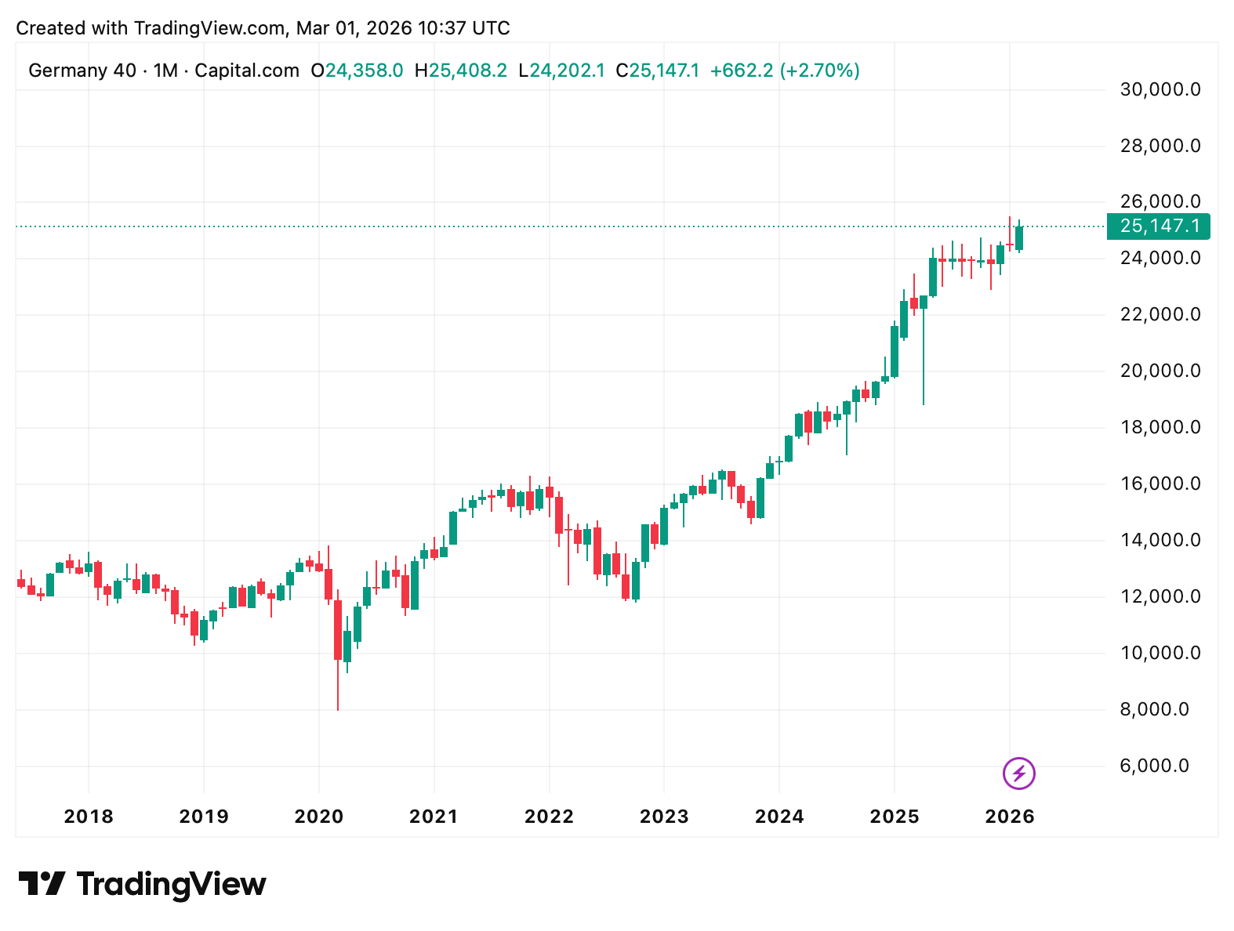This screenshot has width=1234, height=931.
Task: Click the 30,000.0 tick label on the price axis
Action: (x=1160, y=89)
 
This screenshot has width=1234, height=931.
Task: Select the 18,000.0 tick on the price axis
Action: (x=1160, y=427)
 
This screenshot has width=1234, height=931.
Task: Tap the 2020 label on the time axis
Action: (x=318, y=817)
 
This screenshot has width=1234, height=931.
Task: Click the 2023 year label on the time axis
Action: (x=664, y=817)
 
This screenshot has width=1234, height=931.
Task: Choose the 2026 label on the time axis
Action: (x=1010, y=817)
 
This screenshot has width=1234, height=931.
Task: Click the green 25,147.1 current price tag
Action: (x=1159, y=226)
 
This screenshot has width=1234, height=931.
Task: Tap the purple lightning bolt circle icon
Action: (x=1018, y=774)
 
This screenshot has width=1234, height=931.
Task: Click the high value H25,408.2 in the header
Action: (x=461, y=71)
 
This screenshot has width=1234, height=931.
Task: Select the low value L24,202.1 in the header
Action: (x=561, y=71)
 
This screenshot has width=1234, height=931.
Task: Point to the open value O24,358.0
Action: (x=357, y=71)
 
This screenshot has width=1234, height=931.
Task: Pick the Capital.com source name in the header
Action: (x=247, y=71)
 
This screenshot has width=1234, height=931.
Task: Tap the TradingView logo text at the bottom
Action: (x=171, y=884)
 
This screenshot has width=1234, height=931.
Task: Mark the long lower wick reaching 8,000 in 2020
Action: (x=338, y=690)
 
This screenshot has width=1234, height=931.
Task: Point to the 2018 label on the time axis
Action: (x=89, y=817)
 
